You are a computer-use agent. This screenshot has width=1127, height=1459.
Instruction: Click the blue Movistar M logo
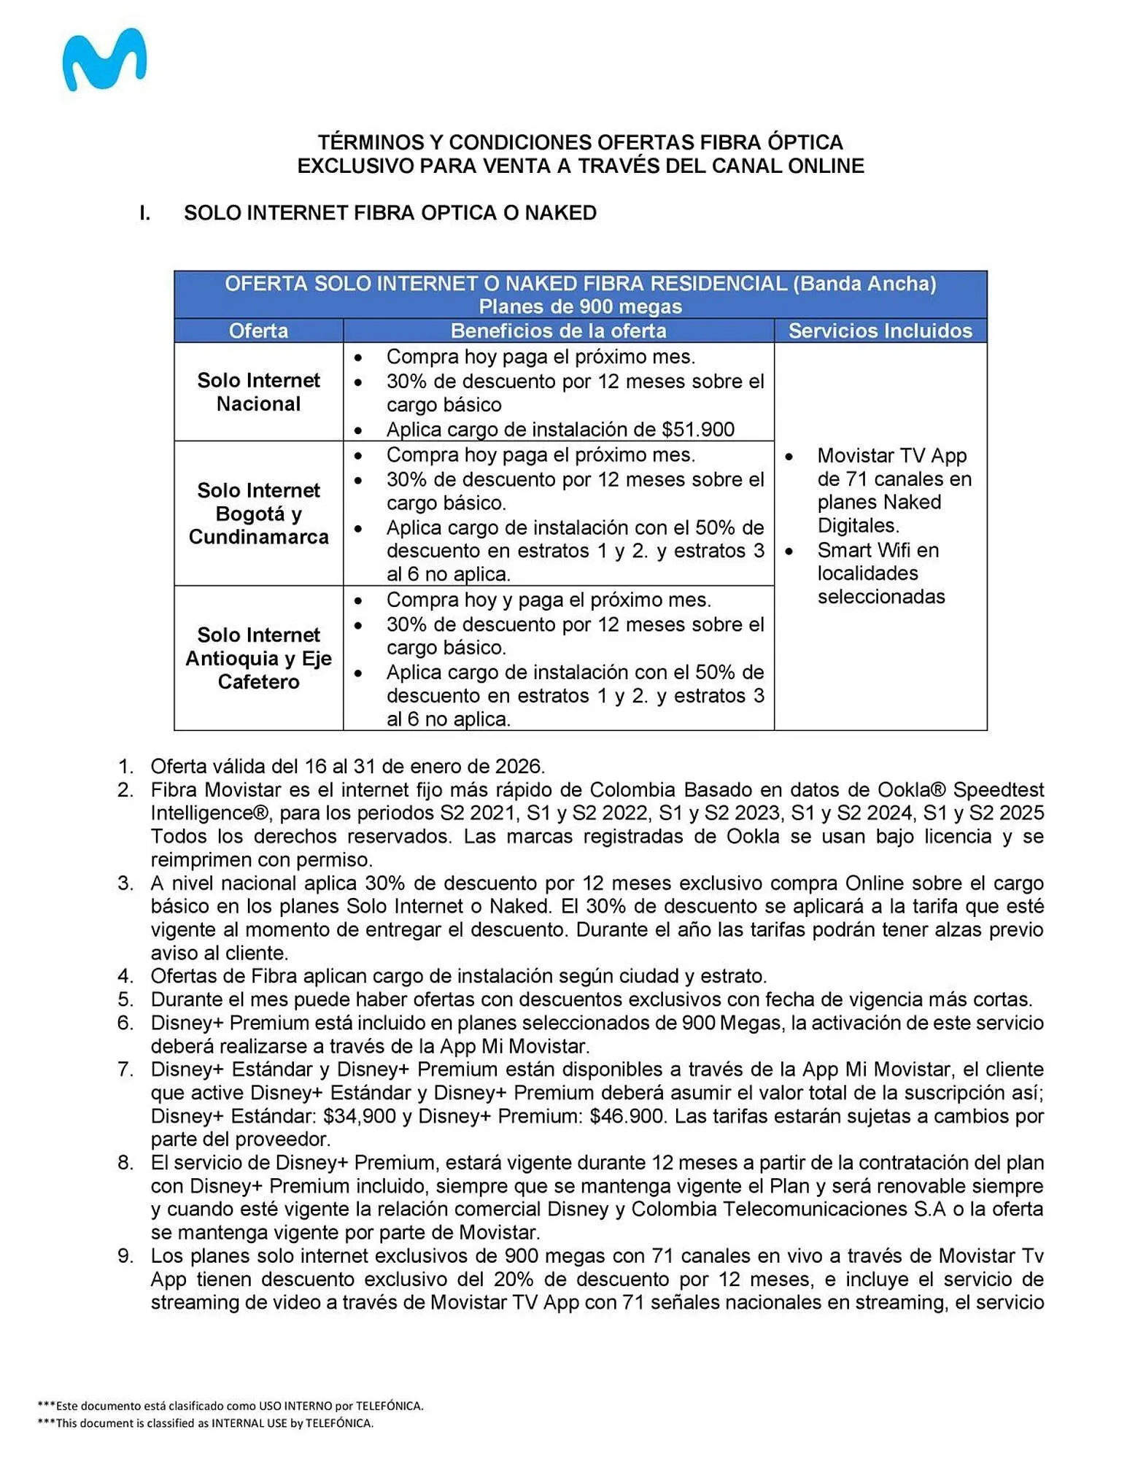(x=104, y=60)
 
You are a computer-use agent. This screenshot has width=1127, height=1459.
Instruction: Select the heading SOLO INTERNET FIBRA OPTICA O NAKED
(x=390, y=213)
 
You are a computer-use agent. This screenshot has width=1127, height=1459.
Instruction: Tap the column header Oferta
(x=258, y=331)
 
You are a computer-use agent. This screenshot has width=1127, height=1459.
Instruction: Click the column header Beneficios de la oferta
(x=558, y=331)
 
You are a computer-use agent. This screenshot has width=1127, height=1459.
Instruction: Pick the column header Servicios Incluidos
(x=880, y=331)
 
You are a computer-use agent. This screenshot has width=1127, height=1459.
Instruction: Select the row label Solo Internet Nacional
(x=258, y=392)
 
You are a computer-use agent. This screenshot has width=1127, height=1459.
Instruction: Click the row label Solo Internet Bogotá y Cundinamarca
(x=258, y=514)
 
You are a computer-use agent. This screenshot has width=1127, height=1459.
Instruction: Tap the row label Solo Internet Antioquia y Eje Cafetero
(x=258, y=658)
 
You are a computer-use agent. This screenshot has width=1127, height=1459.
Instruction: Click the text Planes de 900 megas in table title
(x=580, y=306)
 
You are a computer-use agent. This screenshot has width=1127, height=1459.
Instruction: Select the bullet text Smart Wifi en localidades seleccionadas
(x=879, y=573)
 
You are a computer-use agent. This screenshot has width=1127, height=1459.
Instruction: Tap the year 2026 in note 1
(x=519, y=767)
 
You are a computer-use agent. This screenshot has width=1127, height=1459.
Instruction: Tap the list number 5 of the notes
(x=125, y=999)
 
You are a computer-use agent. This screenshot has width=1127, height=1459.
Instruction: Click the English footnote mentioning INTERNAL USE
(x=206, y=1423)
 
